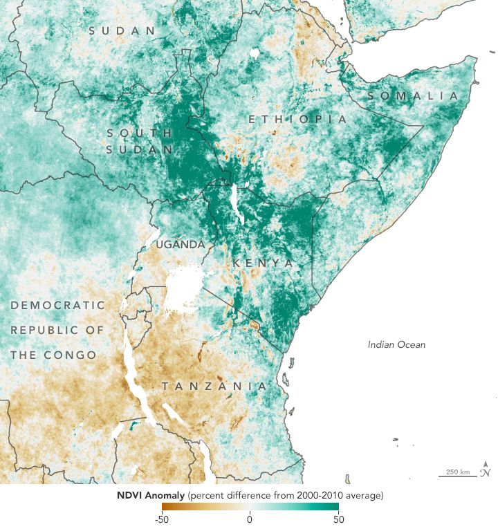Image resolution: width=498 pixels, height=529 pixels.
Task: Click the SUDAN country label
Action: pyautogui.click(x=122, y=30)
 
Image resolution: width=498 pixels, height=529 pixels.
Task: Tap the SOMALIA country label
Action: pyautogui.click(x=413, y=95)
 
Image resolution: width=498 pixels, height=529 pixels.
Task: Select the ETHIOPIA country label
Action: pyautogui.click(x=297, y=120)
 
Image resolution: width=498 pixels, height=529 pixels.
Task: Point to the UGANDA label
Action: pyautogui.click(x=180, y=245)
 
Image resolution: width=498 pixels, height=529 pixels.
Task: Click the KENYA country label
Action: pyautogui.click(x=263, y=263)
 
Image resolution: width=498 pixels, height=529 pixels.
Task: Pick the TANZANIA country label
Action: pyautogui.click(x=214, y=386)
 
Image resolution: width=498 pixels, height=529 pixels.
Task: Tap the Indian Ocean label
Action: pyautogui.click(x=396, y=344)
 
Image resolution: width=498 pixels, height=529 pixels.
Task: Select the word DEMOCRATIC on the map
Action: pyautogui.click(x=58, y=305)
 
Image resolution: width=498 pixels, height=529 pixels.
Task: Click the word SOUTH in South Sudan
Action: pyautogui.click(x=139, y=132)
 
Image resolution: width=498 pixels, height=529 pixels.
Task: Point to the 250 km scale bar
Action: pyautogui.click(x=457, y=475)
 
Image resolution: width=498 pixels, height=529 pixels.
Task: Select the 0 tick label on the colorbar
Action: pyautogui.click(x=250, y=519)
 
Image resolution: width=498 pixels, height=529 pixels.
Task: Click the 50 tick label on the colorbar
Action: pyautogui.click(x=337, y=519)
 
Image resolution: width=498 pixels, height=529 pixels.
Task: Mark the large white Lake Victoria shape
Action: pyautogui.click(x=186, y=287)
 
